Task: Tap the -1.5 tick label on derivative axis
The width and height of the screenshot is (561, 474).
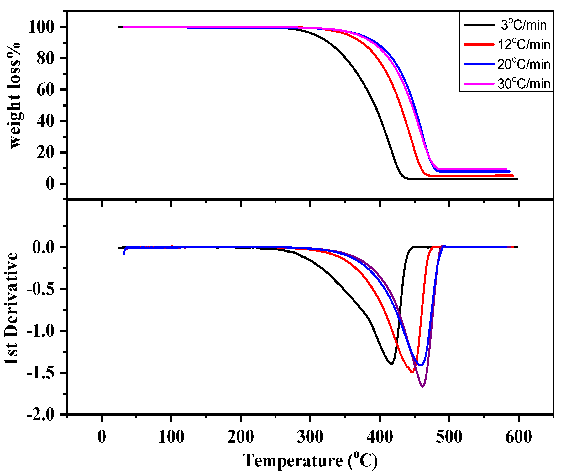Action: tap(40, 373)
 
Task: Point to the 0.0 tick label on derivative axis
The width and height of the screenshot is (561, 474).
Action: tap(43, 247)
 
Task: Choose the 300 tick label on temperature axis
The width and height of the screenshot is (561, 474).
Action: tap(310, 437)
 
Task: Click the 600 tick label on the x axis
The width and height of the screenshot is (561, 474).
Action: tap(518, 437)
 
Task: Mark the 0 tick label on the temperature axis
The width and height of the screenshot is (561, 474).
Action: tap(102, 437)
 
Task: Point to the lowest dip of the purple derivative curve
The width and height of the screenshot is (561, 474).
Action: tap(423, 387)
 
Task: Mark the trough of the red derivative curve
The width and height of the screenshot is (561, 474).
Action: tap(412, 372)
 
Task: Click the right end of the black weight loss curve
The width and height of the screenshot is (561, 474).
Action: tap(517, 179)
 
